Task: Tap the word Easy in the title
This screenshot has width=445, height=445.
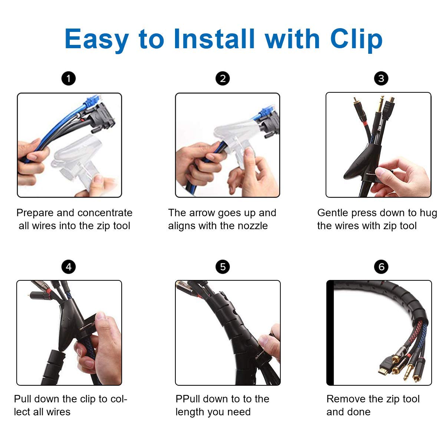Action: [x=97, y=39]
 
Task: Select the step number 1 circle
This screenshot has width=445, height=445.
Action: [x=69, y=79]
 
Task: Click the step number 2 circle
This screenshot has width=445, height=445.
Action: [x=222, y=79]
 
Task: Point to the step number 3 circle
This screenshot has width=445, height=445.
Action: [x=381, y=79]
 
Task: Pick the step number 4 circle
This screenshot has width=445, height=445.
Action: [x=69, y=267]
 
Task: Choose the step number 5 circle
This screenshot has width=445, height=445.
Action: [x=222, y=267]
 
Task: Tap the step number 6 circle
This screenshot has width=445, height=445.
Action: [x=381, y=267]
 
